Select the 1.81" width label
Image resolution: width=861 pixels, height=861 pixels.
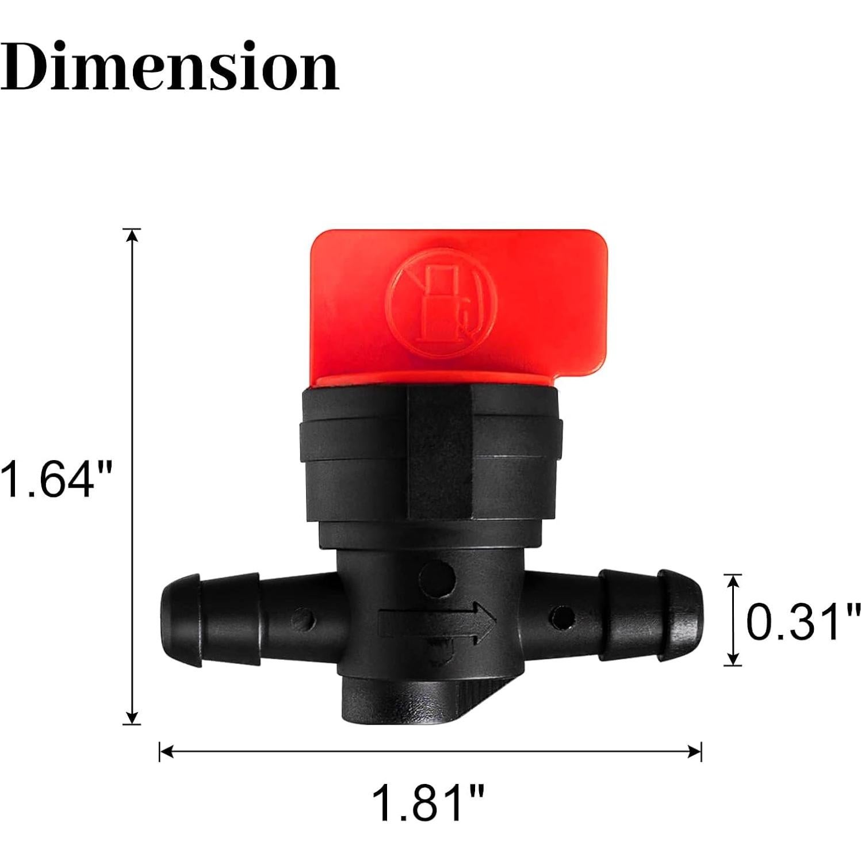click(429, 803)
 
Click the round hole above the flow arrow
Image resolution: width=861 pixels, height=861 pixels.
click(437, 579)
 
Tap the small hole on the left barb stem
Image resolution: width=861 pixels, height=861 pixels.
click(303, 620)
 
